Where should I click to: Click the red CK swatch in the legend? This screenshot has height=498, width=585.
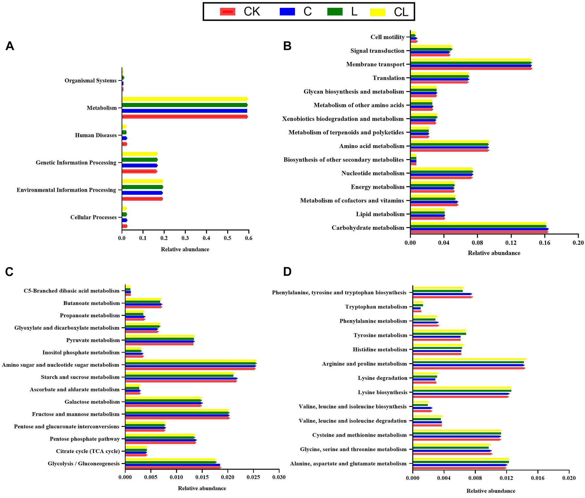click(227, 12)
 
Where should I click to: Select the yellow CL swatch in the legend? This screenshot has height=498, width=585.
click(377, 12)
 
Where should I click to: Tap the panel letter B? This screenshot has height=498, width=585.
click(287, 46)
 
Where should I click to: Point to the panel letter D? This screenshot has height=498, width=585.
click(287, 272)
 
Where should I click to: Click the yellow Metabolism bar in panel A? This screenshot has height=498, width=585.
click(185, 99)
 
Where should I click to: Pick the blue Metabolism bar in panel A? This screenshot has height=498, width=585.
click(185, 111)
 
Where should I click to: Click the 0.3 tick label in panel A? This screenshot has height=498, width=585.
click(185, 238)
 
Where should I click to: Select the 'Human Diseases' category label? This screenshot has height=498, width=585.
click(96, 135)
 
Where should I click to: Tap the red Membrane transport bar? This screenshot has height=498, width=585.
click(471, 69)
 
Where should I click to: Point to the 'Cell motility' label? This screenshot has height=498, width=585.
click(388, 37)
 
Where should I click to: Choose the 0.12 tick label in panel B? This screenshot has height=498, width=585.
click(511, 243)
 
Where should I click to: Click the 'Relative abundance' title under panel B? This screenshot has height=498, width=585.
click(494, 253)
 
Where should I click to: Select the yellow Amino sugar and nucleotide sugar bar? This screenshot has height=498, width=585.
click(190, 361)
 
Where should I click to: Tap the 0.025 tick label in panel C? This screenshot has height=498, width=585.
click(254, 477)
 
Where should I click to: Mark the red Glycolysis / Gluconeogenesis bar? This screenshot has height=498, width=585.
click(173, 467)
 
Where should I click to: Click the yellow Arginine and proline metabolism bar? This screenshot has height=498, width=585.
click(469, 359)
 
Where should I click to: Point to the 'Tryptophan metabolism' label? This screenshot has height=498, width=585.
click(376, 307)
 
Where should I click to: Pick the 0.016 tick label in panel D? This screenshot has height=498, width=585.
click(537, 478)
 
